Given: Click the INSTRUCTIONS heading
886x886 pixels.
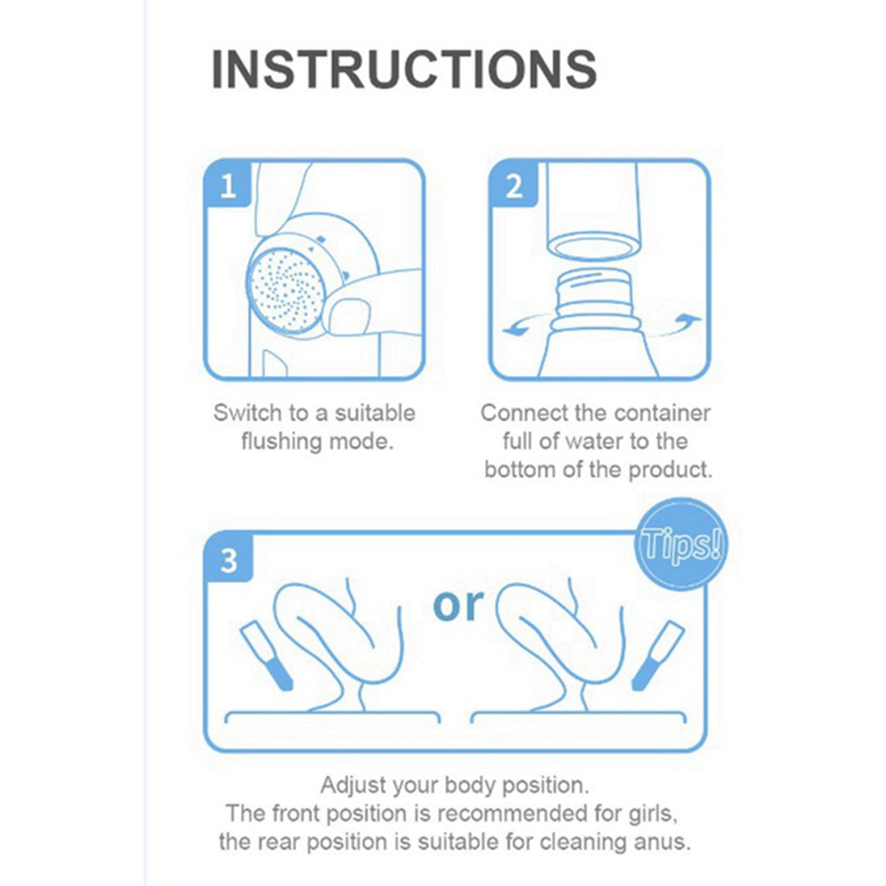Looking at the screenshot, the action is coord(404,69).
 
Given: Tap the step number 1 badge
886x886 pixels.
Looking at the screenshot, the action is coord(227,184).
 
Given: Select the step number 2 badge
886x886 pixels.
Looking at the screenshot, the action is coord(514,184).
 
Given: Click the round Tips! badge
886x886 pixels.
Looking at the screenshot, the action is coord(681,543).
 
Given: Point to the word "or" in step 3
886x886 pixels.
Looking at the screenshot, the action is coord(458,605).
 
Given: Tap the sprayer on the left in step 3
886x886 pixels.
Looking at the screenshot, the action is coord(267,655).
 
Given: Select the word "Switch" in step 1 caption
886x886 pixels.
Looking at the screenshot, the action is coord(248,413).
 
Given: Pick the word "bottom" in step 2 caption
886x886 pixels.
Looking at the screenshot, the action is coord(519,470).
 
